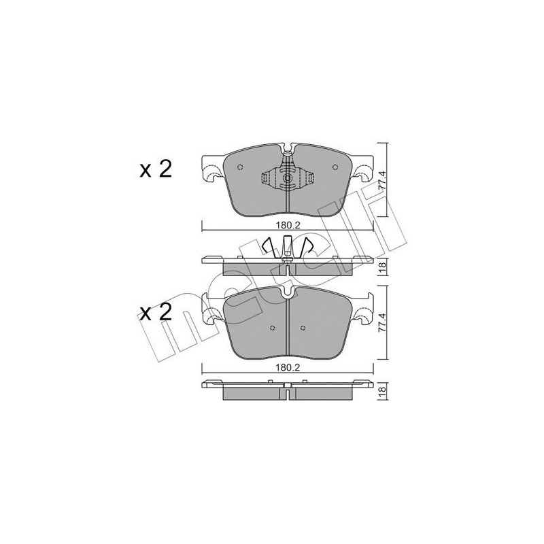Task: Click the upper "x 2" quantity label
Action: tap(156, 169)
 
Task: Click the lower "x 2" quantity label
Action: tap(156, 313)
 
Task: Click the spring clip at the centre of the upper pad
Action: tap(288, 179)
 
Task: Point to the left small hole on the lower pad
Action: tap(272, 330)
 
